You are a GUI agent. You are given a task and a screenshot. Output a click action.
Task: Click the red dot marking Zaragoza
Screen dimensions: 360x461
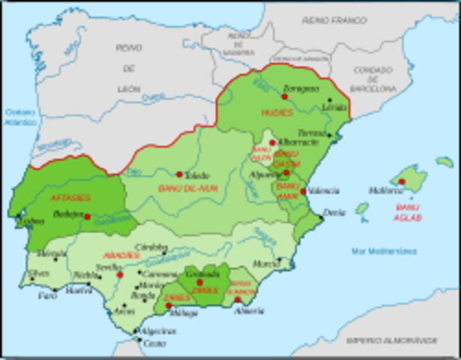(x=285, y=96)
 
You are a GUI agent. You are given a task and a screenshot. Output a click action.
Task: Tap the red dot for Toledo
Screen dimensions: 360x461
(x=180, y=175)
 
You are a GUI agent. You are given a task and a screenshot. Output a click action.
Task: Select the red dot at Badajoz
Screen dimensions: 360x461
(x=88, y=217)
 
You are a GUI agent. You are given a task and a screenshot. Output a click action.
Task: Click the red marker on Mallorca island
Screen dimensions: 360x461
(x=402, y=181)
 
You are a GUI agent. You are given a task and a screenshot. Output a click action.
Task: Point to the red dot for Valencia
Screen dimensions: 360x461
(x=303, y=191)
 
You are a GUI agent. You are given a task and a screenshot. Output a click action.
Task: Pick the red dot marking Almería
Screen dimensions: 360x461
(x=238, y=300)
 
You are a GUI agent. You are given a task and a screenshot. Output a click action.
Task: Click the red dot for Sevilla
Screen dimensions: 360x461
(x=120, y=275)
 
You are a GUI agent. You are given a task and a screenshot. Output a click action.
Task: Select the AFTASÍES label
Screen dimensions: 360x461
(x=70, y=197)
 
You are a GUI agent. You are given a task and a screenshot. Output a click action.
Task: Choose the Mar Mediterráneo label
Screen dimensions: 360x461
(x=386, y=251)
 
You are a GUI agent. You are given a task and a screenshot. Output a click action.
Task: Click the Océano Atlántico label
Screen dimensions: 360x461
(x=21, y=116)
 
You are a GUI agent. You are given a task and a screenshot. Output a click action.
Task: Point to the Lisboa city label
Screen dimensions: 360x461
(x=32, y=222)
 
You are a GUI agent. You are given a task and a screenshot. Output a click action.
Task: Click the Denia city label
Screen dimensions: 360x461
(x=334, y=213)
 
